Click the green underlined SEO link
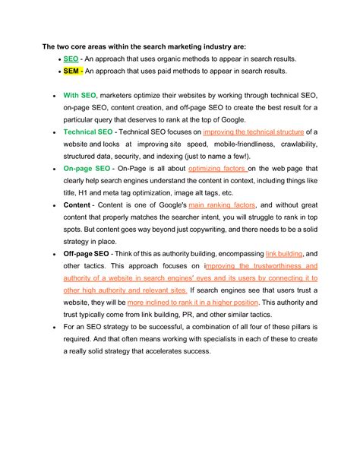[x=71, y=59]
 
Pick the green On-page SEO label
[x=88, y=168]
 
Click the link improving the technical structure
[x=257, y=132]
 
